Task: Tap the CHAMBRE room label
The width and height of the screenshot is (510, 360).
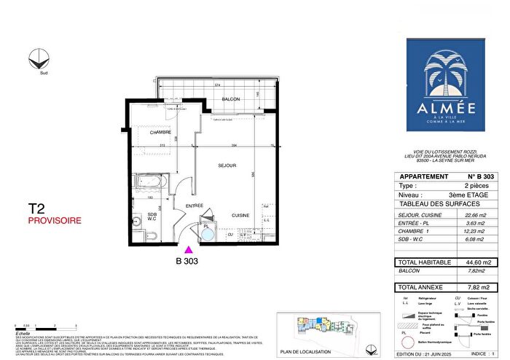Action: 160,133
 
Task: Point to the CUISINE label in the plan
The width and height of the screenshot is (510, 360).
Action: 241,215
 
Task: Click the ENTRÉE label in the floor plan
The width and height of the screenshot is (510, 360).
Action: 193,207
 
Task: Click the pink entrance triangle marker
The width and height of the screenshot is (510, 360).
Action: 189,249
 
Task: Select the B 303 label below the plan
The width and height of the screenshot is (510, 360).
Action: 187,259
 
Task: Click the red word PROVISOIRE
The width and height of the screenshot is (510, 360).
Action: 50,219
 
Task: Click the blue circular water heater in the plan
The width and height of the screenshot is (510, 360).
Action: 208,235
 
